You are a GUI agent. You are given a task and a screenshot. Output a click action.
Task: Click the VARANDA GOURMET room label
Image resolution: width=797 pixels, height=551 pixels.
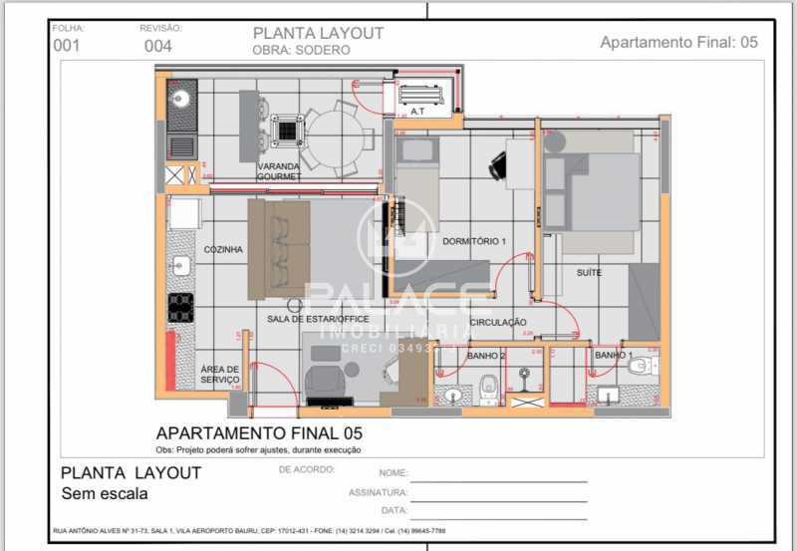[x=279, y=171]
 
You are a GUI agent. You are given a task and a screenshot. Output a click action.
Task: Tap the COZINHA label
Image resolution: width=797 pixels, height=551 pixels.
[x=223, y=250]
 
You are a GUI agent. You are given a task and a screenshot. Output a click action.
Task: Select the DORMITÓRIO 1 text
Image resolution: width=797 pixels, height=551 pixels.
[x=474, y=242]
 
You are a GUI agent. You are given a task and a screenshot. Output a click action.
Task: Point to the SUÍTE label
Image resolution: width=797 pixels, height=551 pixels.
[x=589, y=272]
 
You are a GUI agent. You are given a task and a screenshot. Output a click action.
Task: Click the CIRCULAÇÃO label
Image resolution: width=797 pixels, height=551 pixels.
[x=497, y=322]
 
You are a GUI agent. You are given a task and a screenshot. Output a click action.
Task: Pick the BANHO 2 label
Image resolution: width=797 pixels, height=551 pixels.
[x=486, y=355]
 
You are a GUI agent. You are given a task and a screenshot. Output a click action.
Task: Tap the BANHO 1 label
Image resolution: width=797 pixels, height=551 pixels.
[x=613, y=355]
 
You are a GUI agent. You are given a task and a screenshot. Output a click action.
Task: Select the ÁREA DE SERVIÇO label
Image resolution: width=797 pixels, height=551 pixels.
[x=219, y=374]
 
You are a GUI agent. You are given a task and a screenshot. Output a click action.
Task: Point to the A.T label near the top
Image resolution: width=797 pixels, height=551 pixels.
[x=417, y=113]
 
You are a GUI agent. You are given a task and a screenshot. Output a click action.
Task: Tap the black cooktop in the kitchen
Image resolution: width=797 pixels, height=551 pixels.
[x=180, y=307]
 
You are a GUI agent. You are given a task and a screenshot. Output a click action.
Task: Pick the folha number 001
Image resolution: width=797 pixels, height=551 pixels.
[x=67, y=46]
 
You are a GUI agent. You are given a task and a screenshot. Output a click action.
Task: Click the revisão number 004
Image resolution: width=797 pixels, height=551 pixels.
[x=157, y=46]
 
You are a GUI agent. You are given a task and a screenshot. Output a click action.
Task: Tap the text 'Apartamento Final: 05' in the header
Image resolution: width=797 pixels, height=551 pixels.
[x=678, y=42]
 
